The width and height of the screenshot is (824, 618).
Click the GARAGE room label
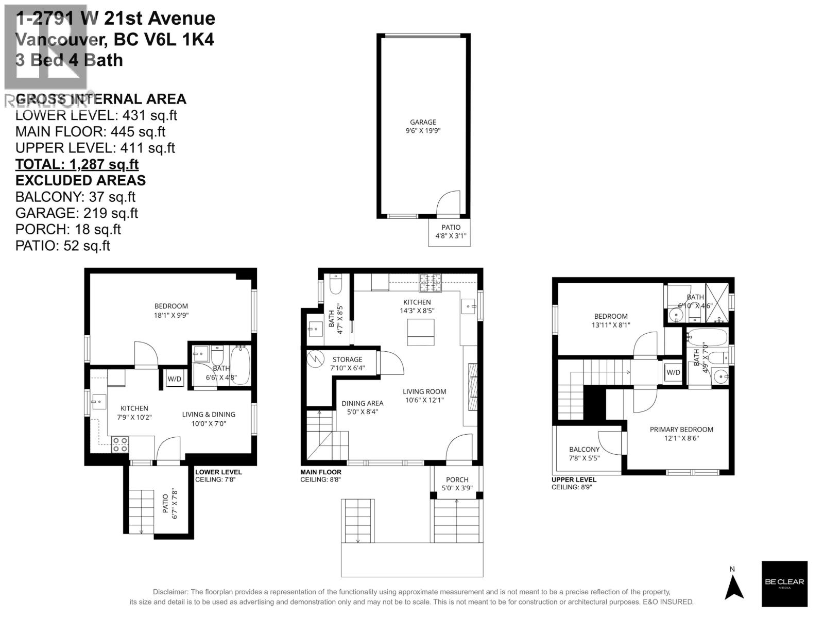coord(423,123)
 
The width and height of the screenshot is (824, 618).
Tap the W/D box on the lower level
coord(175,379)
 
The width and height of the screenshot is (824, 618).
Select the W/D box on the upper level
coord(673,372)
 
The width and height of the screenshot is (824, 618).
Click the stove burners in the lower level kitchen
coord(120,444)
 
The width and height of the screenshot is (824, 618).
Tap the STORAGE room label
coord(347,359)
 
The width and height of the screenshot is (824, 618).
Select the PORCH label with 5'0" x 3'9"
coord(457,484)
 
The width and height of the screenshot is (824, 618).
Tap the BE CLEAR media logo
coord(784,583)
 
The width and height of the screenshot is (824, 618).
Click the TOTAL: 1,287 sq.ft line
coord(77,164)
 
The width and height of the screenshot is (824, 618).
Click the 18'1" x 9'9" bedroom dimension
coord(171,315)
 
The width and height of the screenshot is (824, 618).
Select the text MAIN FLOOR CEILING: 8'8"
coord(321,476)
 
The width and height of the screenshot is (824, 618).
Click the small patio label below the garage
coord(451,232)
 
